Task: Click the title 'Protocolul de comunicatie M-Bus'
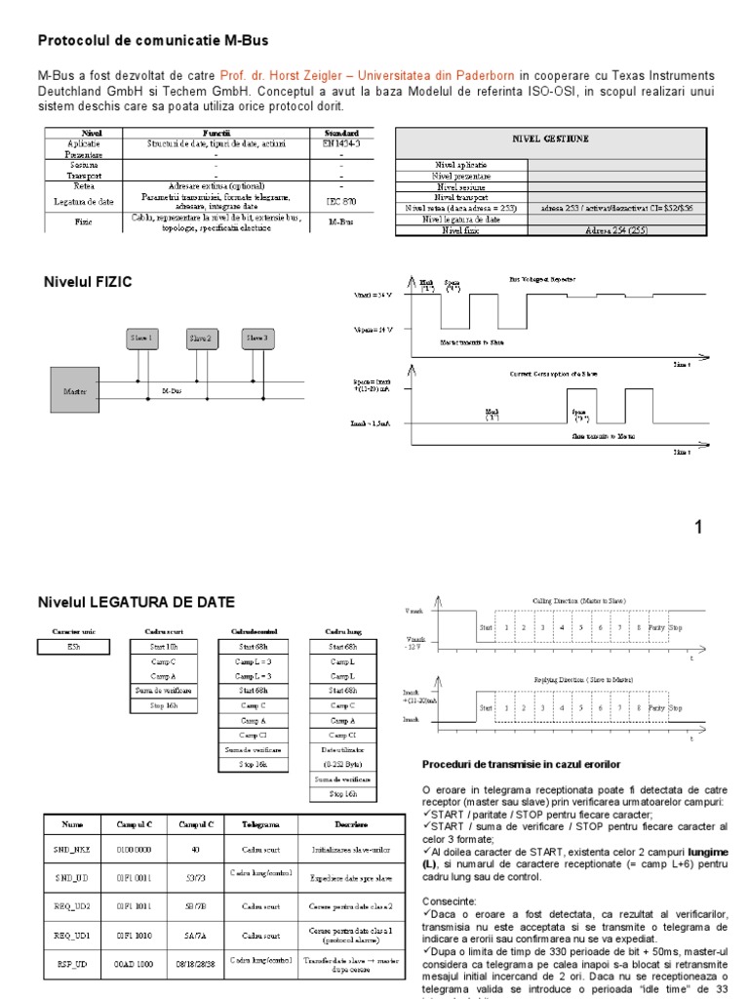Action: coord(152,40)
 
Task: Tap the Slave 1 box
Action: coord(141,339)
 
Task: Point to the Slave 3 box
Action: coord(256,339)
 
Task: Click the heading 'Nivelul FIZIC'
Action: coord(88,282)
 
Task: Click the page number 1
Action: coord(697,528)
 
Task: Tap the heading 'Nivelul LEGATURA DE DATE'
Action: coord(136,601)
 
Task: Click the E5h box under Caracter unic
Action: coord(74,646)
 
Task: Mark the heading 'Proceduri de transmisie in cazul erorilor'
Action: coord(521,763)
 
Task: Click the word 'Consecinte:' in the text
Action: coord(450,901)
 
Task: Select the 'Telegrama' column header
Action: coord(261,824)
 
